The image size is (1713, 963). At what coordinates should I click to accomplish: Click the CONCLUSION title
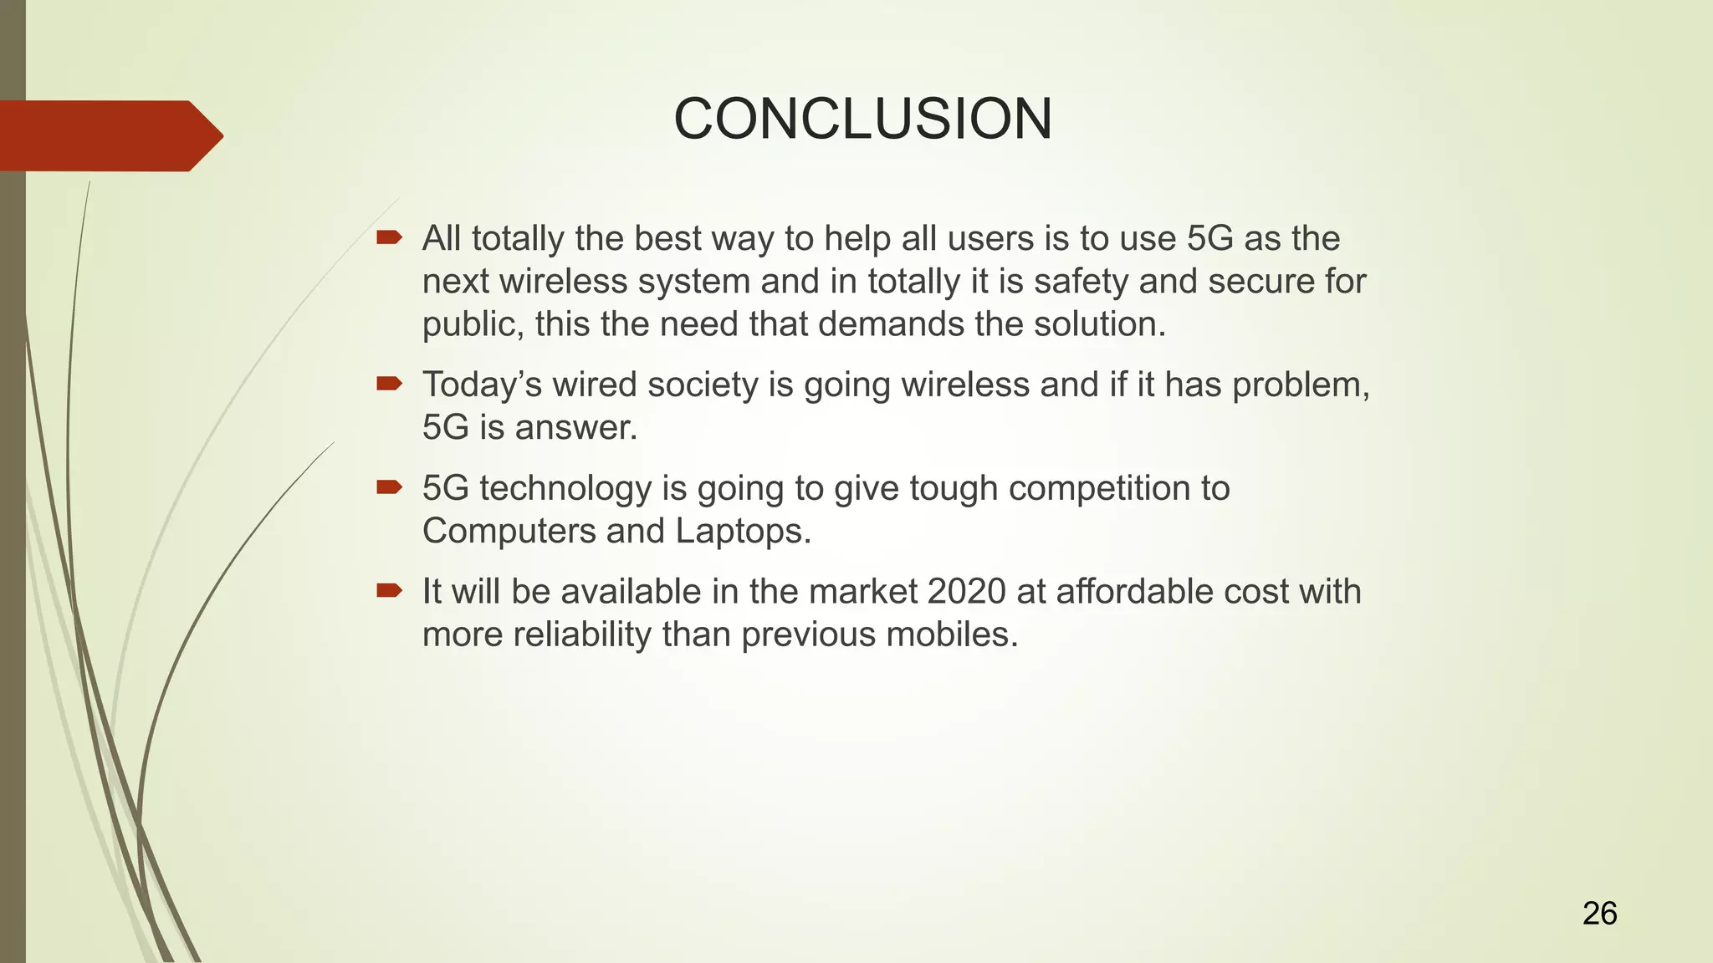(x=862, y=119)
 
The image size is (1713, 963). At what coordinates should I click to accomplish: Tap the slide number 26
(x=1599, y=914)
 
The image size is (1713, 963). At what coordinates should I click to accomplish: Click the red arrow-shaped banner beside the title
(x=109, y=135)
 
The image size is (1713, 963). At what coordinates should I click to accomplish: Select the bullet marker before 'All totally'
(x=389, y=238)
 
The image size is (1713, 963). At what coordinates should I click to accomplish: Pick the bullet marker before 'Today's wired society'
(x=389, y=384)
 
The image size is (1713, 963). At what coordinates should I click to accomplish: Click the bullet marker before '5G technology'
(x=389, y=487)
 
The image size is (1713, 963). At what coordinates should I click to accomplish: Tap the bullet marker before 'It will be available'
(x=389, y=591)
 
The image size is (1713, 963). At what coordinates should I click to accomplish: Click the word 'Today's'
(x=482, y=385)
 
